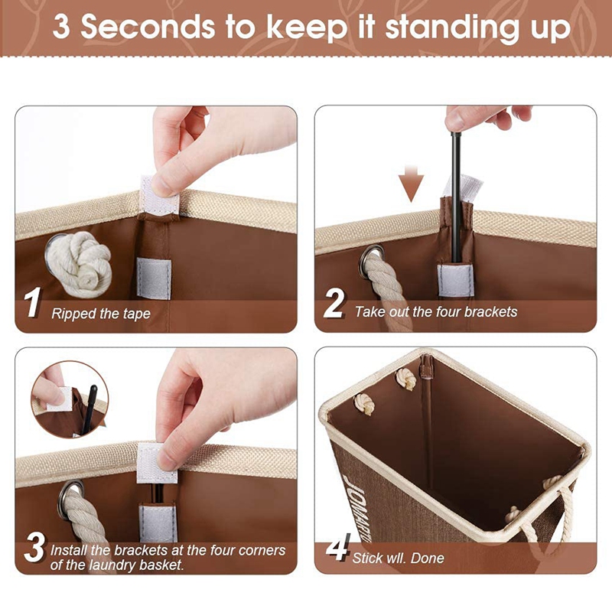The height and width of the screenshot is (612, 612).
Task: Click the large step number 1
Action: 32,302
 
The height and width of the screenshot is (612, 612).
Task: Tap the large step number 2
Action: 334,303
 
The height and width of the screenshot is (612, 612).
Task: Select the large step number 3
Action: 34,547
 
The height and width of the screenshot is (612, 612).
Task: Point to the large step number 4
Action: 337,547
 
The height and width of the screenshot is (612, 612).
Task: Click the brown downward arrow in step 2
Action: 411,184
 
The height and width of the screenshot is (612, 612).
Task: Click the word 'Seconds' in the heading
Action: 148,27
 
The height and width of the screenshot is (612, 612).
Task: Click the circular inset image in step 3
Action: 70,399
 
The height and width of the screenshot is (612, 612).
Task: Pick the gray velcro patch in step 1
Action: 154,278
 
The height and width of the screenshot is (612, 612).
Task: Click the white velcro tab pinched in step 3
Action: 156,464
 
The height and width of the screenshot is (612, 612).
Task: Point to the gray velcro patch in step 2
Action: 455,280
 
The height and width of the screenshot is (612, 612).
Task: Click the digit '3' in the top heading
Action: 61,28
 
